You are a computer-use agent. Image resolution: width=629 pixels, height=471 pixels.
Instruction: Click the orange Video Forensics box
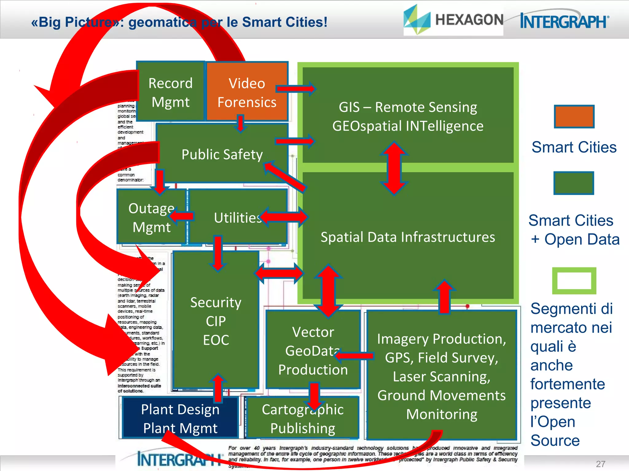click(x=247, y=92)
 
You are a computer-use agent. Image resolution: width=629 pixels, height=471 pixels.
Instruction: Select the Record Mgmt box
click(x=170, y=92)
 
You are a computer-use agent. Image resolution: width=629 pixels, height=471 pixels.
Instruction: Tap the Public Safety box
click(x=222, y=154)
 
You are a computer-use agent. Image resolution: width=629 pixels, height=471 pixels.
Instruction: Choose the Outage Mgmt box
click(x=151, y=218)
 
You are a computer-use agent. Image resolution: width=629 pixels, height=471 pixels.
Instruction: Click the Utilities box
click(x=238, y=218)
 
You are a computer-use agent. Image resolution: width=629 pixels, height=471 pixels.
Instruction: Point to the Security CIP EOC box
click(x=216, y=321)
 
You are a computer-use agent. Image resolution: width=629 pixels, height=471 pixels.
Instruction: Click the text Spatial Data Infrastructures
click(x=408, y=237)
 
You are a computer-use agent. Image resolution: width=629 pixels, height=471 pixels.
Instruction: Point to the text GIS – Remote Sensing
click(x=408, y=107)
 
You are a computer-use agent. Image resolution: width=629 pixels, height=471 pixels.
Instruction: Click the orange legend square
click(x=574, y=117)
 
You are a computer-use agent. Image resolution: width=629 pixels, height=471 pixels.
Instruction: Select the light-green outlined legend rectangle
click(x=574, y=281)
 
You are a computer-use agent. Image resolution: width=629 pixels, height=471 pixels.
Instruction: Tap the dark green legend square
click(x=574, y=183)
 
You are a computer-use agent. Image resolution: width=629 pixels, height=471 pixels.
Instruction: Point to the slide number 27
click(x=600, y=464)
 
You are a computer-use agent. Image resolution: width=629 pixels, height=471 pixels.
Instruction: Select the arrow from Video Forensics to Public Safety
click(x=240, y=123)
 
